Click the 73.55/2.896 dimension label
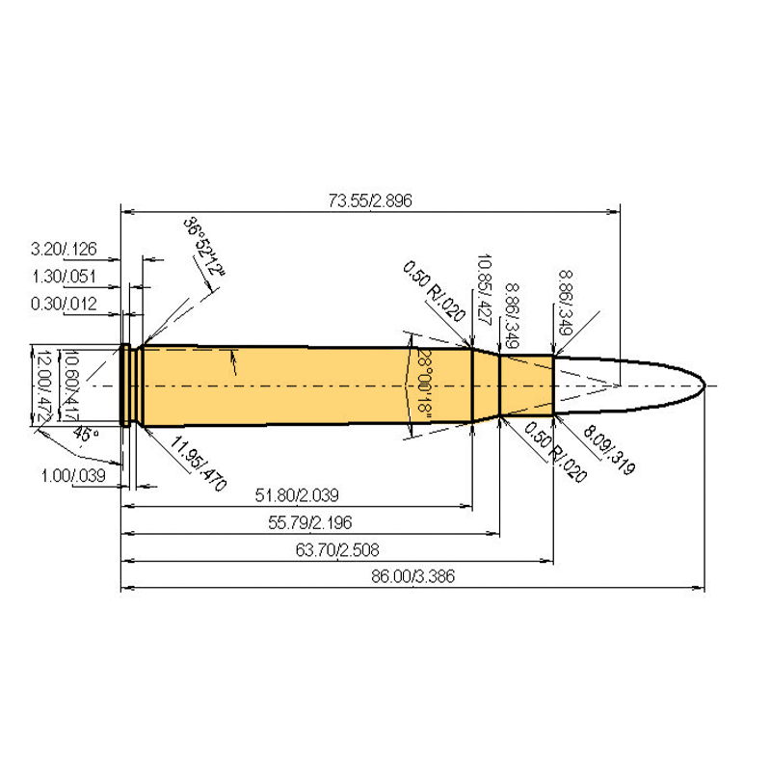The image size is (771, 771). [370, 200]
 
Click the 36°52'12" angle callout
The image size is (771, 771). [204, 247]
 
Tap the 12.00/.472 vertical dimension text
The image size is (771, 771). [42, 384]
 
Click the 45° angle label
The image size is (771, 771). [87, 436]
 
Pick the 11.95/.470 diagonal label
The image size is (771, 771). [197, 464]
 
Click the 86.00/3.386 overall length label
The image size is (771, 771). [412, 577]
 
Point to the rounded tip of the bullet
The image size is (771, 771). [702, 385]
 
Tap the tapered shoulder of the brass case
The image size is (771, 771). [485, 385]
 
